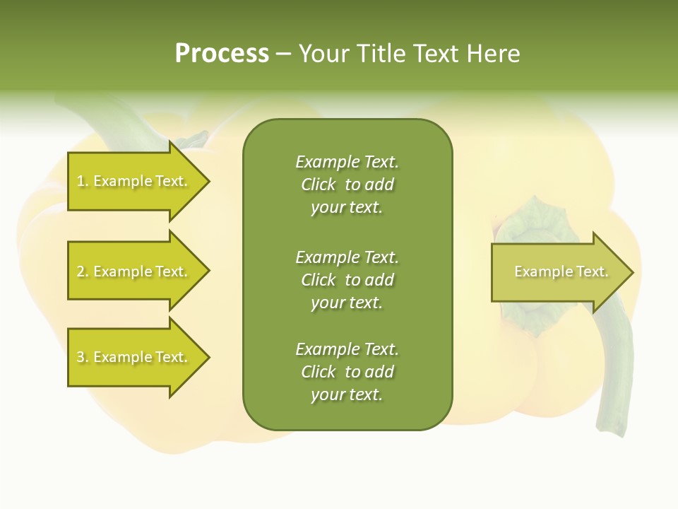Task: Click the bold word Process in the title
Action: [x=222, y=54]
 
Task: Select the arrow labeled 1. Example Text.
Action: [x=134, y=181]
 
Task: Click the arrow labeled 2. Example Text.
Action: [x=134, y=271]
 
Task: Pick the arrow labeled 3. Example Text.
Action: [x=134, y=357]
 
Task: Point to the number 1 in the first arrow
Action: [x=81, y=181]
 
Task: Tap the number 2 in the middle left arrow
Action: [x=81, y=271]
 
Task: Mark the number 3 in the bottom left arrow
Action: [x=81, y=357]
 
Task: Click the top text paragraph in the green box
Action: [x=347, y=185]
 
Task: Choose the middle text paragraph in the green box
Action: [x=347, y=280]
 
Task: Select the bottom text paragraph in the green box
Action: [x=347, y=372]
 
